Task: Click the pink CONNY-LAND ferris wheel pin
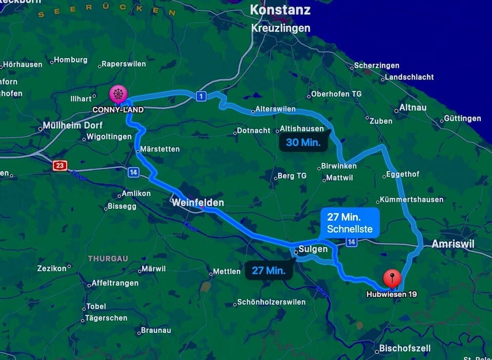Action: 118,94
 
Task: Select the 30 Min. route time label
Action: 303,143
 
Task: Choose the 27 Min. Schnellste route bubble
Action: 350,223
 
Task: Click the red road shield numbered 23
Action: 60,165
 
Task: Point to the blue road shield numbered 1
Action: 201,96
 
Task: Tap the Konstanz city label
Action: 280,10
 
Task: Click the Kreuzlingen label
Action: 280,28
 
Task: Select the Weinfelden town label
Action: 198,203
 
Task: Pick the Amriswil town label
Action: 453,244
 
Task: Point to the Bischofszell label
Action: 405,349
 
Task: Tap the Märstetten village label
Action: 160,149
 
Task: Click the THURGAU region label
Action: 108,258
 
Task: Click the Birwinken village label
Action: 338,166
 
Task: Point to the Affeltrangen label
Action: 115,283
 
